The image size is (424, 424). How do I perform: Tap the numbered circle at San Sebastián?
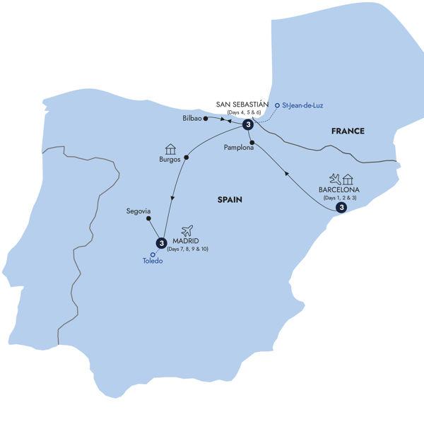[x=248, y=125]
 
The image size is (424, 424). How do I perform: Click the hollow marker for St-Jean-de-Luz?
[x=277, y=105]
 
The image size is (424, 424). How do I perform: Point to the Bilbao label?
[x=192, y=118]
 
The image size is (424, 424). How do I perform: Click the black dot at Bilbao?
[x=206, y=118]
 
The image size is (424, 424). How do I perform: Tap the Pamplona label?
[x=238, y=148]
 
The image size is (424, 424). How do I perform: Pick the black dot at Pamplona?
[x=252, y=141]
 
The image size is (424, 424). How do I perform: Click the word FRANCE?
[x=348, y=131]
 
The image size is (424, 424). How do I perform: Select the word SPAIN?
[x=230, y=200]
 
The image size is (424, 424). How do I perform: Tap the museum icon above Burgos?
[x=170, y=148]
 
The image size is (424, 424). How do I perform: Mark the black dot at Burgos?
[x=187, y=158]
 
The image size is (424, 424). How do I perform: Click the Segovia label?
[x=138, y=211]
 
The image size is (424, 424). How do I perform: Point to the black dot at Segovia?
[x=148, y=218]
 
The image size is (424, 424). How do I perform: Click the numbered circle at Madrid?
[x=162, y=243]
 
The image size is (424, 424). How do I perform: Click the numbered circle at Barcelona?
[x=341, y=208]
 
